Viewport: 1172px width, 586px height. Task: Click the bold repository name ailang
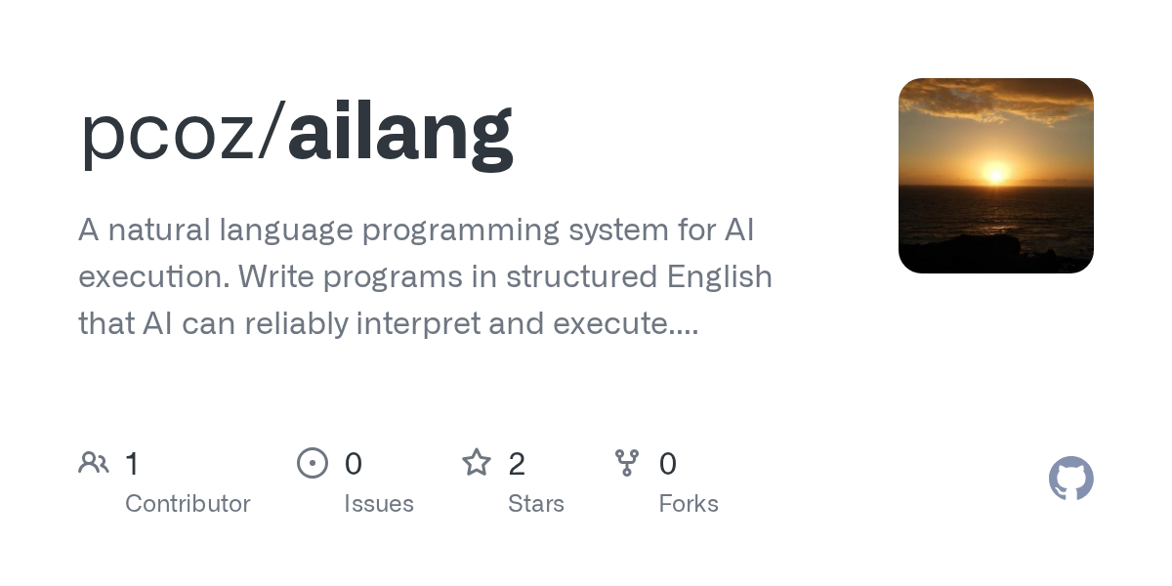(x=400, y=135)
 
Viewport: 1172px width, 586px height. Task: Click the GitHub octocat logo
(x=1071, y=479)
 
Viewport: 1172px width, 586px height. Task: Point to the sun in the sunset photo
(x=995, y=174)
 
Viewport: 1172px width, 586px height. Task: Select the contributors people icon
(x=94, y=463)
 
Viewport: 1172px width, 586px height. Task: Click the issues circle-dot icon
(x=313, y=463)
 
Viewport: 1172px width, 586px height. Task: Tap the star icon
(x=477, y=463)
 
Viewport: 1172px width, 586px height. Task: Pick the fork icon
(x=627, y=463)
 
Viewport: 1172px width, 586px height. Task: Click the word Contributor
(x=188, y=504)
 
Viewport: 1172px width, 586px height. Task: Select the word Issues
(x=379, y=504)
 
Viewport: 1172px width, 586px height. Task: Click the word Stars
(x=536, y=504)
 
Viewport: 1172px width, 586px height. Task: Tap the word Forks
(x=689, y=504)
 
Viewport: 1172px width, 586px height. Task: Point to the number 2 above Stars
(x=517, y=464)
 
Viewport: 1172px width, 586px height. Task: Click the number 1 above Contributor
(x=132, y=464)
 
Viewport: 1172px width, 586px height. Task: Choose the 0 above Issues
(x=354, y=464)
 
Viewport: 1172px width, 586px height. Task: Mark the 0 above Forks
(x=668, y=464)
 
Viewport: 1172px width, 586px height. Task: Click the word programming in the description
(x=460, y=231)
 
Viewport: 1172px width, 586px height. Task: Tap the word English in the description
(x=720, y=276)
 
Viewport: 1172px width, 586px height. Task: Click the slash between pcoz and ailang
(x=272, y=130)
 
